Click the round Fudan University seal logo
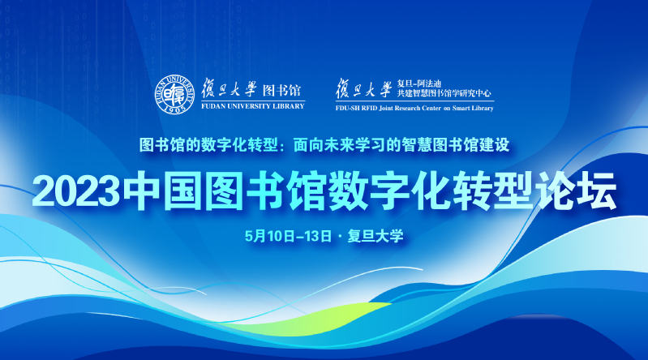(x=174, y=95)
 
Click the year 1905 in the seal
(x=174, y=109)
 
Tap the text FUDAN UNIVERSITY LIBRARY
(x=253, y=106)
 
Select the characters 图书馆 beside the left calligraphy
(x=282, y=90)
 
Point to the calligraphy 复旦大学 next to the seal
(x=229, y=88)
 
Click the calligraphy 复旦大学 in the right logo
(x=363, y=88)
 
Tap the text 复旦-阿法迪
(x=419, y=84)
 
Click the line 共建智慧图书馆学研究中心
(x=444, y=93)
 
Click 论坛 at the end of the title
(x=576, y=191)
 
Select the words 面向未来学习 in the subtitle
(x=339, y=145)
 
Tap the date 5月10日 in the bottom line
(x=270, y=236)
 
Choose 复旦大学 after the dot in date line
(x=375, y=236)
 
